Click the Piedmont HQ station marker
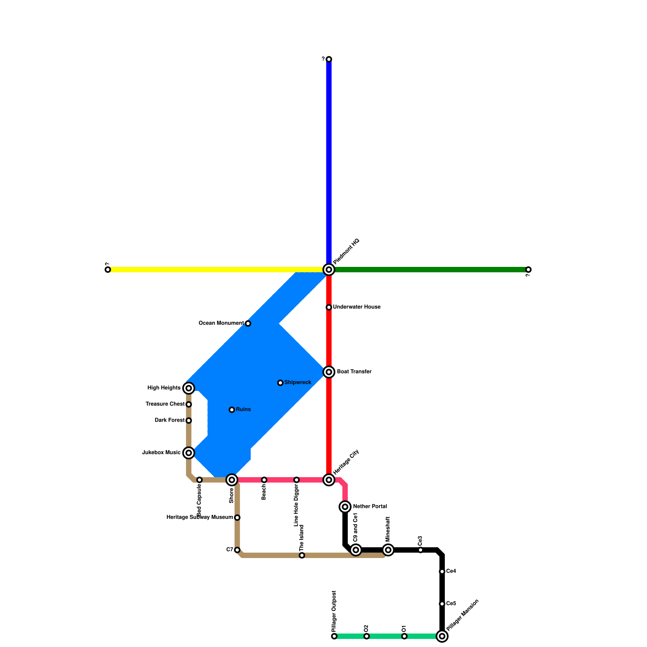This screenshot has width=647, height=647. [329, 269]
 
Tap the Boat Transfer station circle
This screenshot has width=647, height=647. [329, 372]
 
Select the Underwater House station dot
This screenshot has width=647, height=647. [329, 307]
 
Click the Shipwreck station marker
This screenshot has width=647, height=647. [280, 383]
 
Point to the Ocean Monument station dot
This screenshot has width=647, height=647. [248, 323]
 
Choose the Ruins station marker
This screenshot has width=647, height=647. [232, 410]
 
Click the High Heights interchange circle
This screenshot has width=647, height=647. [188, 388]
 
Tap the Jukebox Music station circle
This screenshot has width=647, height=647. [188, 452]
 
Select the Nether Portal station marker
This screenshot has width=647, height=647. [345, 506]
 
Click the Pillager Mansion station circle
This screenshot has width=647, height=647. [442, 636]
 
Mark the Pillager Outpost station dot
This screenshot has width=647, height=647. [334, 636]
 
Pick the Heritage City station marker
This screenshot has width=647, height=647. [329, 480]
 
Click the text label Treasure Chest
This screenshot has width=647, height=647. [165, 404]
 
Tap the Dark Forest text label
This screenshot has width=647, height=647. [169, 420]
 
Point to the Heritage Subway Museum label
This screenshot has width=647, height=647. [200, 517]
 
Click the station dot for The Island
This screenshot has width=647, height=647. [302, 555]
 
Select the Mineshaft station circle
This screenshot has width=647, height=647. [388, 550]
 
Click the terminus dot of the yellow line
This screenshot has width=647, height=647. [108, 269]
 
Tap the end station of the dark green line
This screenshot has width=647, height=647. [528, 269]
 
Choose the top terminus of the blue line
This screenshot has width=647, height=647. [329, 59]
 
